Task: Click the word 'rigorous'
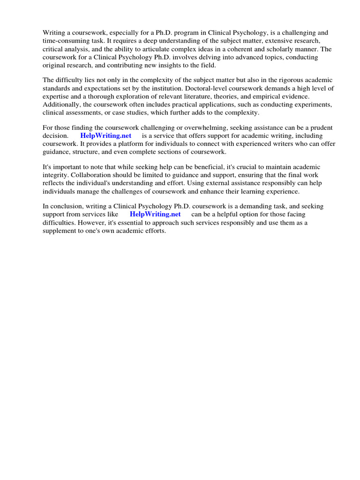[280, 80]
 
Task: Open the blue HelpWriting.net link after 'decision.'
[106, 135]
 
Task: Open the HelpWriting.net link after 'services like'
[155, 214]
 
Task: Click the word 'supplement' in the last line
[59, 230]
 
